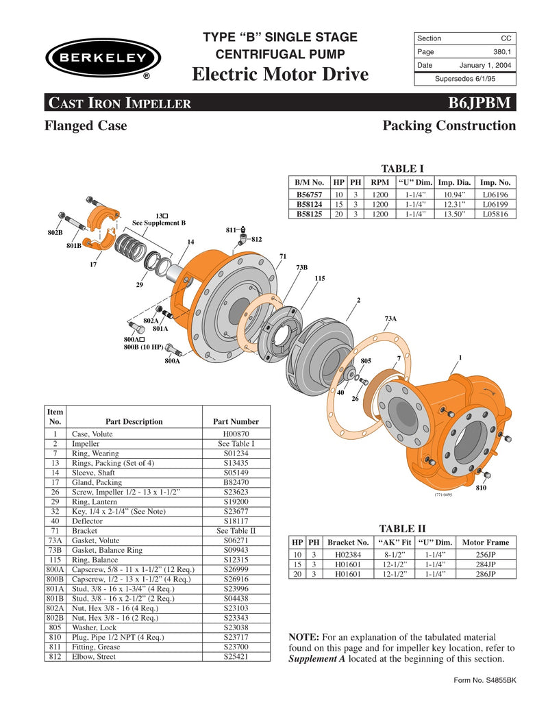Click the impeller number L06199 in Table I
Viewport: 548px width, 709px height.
(x=495, y=204)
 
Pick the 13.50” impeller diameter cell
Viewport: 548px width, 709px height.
(x=454, y=214)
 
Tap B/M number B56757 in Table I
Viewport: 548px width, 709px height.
(x=310, y=195)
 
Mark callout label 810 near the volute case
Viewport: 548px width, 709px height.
(x=482, y=488)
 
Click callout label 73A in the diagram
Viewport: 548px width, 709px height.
(x=390, y=319)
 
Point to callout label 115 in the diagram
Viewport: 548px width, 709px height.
(x=319, y=278)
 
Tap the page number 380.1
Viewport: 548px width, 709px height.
(x=503, y=52)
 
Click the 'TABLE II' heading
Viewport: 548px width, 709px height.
(x=403, y=528)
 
